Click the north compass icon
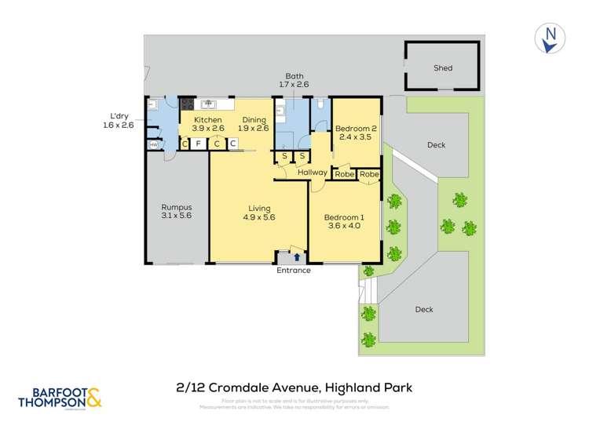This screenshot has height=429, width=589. pos(551,38)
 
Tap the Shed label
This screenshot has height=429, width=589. pos(443,68)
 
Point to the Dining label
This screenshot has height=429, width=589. pos(254,120)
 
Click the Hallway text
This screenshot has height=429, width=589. pos(312,173)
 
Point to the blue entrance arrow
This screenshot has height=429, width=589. pos(296,256)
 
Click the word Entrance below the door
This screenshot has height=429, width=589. pos(294,271)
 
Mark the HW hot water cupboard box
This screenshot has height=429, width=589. pos(153,144)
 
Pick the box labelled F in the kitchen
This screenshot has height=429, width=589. pos(199,144)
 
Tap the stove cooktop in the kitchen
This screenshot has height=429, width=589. pos(188,104)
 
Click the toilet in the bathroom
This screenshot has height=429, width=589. pos(320,105)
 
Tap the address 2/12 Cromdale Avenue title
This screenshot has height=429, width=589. pos(294,387)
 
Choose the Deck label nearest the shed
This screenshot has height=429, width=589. pos(436,144)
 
